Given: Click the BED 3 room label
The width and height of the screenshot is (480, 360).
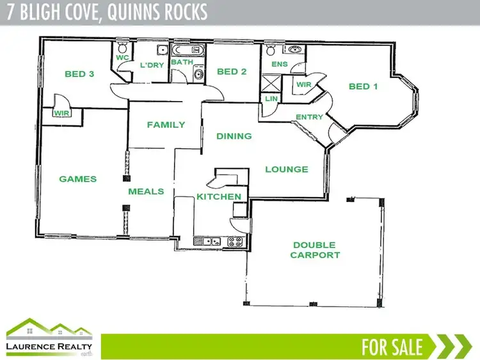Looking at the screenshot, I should [79, 74].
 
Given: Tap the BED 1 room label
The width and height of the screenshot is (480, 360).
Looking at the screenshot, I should [363, 86].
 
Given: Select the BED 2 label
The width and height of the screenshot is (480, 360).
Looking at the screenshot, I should [232, 72].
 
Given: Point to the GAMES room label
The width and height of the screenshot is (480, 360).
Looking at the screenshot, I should [78, 179].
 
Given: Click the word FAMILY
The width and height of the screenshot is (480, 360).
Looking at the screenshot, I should [166, 125].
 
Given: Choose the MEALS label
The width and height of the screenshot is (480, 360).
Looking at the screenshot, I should [146, 191].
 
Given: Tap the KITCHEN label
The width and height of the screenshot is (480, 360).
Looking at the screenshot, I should [219, 196].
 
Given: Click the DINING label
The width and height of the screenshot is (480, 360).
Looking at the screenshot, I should [234, 136].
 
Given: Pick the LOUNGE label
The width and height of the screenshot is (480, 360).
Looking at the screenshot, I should [287, 169].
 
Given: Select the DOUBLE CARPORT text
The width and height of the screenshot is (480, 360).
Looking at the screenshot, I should [315, 250].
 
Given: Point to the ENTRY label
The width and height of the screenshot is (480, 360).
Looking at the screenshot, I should [309, 117].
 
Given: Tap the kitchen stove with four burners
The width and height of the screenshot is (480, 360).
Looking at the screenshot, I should [234, 242].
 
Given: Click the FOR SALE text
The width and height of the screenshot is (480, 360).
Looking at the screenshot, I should [392, 347].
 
